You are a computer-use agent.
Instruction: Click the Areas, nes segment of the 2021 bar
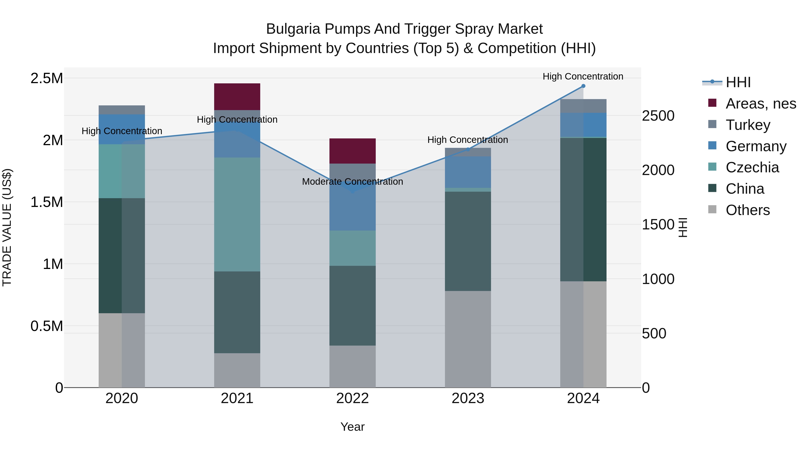[x=237, y=96]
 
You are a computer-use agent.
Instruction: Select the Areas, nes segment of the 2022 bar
[x=352, y=151]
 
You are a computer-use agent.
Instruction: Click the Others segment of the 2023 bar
[x=468, y=339]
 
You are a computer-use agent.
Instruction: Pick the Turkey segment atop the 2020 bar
[x=122, y=110]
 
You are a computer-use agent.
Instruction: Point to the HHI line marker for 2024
[x=583, y=86]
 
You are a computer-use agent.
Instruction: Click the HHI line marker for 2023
[x=468, y=149]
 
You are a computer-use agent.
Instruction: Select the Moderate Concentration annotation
[x=352, y=182]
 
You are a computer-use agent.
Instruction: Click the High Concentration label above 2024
[x=583, y=76]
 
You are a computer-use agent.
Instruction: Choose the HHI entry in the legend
[x=738, y=82]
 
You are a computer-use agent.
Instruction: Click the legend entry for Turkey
[x=748, y=125]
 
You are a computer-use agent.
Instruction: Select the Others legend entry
[x=747, y=210]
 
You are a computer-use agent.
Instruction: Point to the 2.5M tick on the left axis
[x=47, y=78]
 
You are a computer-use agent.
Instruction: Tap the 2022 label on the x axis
[x=352, y=398]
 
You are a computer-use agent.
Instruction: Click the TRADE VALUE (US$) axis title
[x=7, y=227]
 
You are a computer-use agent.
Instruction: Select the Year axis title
[x=352, y=427]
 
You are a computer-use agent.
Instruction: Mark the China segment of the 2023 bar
[x=468, y=241]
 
